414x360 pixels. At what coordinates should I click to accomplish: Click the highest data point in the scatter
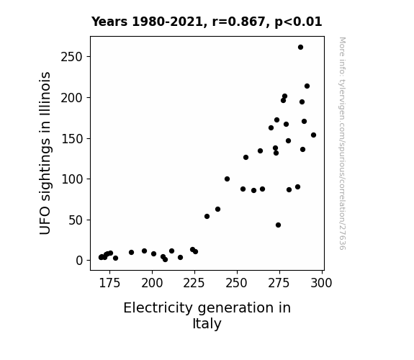[x=300, y=48]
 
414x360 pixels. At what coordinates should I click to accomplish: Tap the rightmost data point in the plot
[x=313, y=135]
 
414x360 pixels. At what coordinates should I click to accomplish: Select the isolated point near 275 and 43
[x=278, y=225]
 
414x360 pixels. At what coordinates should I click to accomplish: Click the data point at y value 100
[x=227, y=179]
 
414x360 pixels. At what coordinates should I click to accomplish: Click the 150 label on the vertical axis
[x=72, y=139]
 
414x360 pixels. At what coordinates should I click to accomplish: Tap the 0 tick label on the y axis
[x=79, y=261]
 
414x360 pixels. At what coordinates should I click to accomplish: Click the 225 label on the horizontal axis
[x=194, y=283]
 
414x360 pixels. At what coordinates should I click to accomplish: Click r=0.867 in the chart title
[x=238, y=22]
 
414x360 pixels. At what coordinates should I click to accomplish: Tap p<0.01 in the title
[x=298, y=22]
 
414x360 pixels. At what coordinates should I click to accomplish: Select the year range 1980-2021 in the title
[x=168, y=22]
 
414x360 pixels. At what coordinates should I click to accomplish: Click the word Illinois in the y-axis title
[x=45, y=94]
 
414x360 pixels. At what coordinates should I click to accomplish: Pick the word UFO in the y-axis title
[x=45, y=221]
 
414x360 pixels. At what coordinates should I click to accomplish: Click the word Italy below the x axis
[x=207, y=324]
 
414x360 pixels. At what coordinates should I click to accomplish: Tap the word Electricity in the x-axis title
[x=158, y=308]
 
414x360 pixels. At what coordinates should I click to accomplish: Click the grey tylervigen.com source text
[x=343, y=143]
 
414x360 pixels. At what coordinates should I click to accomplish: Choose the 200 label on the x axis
[x=152, y=283]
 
